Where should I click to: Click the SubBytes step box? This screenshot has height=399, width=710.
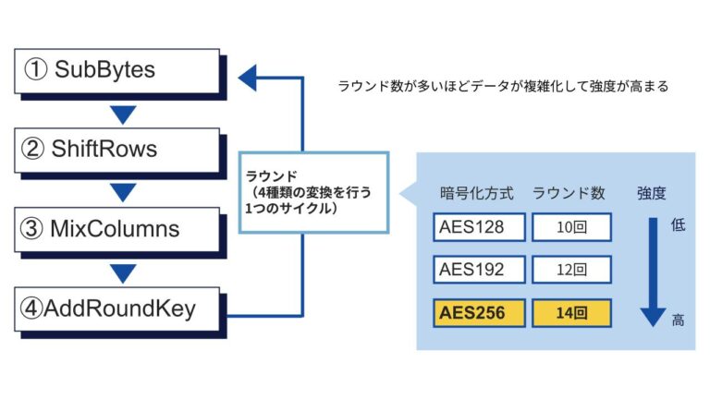pyautogui.click(x=118, y=70)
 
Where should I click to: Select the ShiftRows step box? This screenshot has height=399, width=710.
pyautogui.click(x=118, y=149)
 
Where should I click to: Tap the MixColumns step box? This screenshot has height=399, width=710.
pyautogui.click(x=118, y=227)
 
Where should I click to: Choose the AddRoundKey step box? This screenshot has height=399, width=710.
pyautogui.click(x=118, y=308)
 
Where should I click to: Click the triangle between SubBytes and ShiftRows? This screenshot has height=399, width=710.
pyautogui.click(x=123, y=115)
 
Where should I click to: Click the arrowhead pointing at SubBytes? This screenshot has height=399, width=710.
pyautogui.click(x=248, y=79)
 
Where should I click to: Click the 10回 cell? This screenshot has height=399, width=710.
pyautogui.click(x=572, y=227)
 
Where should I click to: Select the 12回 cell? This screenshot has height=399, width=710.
pyautogui.click(x=572, y=270)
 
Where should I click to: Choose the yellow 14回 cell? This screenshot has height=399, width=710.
pyautogui.click(x=572, y=313)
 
